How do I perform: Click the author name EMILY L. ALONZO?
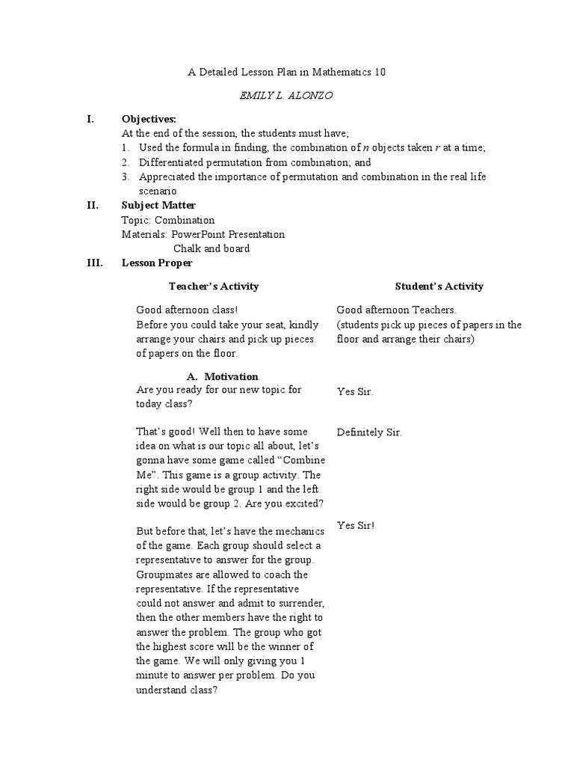coord(287,96)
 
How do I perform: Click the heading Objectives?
coord(149,119)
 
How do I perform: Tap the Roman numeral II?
coord(93,205)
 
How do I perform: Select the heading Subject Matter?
coord(158,205)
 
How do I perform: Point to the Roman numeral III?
coord(95,263)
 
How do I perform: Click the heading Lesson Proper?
coord(157,263)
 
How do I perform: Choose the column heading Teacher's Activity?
coord(214,286)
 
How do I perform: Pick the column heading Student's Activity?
coord(439,286)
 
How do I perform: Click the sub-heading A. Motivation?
coord(222,376)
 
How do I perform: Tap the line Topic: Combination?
coord(167,220)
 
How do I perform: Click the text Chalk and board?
coord(212,248)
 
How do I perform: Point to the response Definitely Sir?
coord(369,432)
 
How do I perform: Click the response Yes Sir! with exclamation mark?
coord(356,525)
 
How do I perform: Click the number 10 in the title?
coord(380,72)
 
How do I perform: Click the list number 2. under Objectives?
coord(126,162)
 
